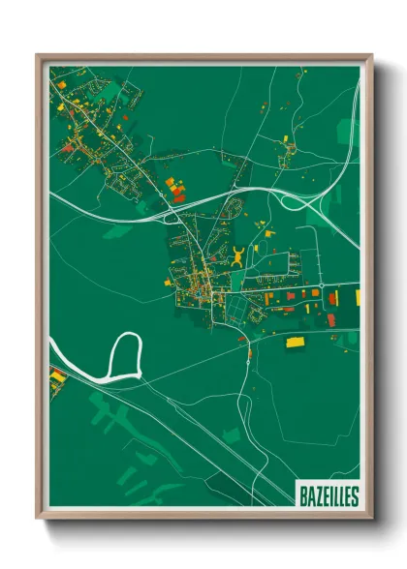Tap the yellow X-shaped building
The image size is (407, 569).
(x=238, y=256)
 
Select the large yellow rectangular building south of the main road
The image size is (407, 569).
(x=296, y=342)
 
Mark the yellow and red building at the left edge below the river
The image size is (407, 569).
(x=57, y=375)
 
